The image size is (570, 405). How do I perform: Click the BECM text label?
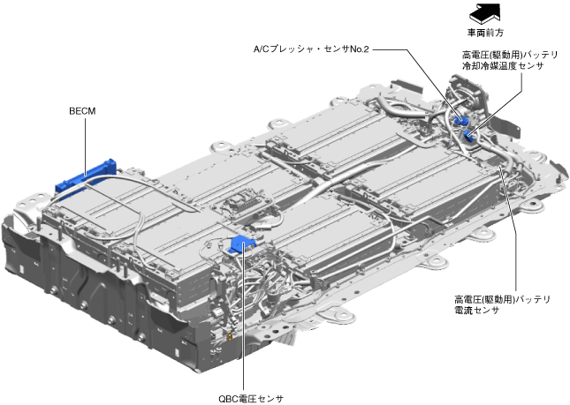(x=82, y=111)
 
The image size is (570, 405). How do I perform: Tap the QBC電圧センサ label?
(x=251, y=399)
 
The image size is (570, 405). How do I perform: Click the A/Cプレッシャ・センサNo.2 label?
(x=311, y=49)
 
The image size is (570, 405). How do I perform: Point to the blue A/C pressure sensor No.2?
(x=460, y=119)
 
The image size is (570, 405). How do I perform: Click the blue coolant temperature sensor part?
(x=467, y=136)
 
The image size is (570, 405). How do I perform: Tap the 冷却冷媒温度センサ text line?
(x=503, y=66)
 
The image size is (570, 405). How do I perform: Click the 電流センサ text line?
(x=476, y=311)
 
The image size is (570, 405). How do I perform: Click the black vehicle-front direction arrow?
(x=485, y=13)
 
